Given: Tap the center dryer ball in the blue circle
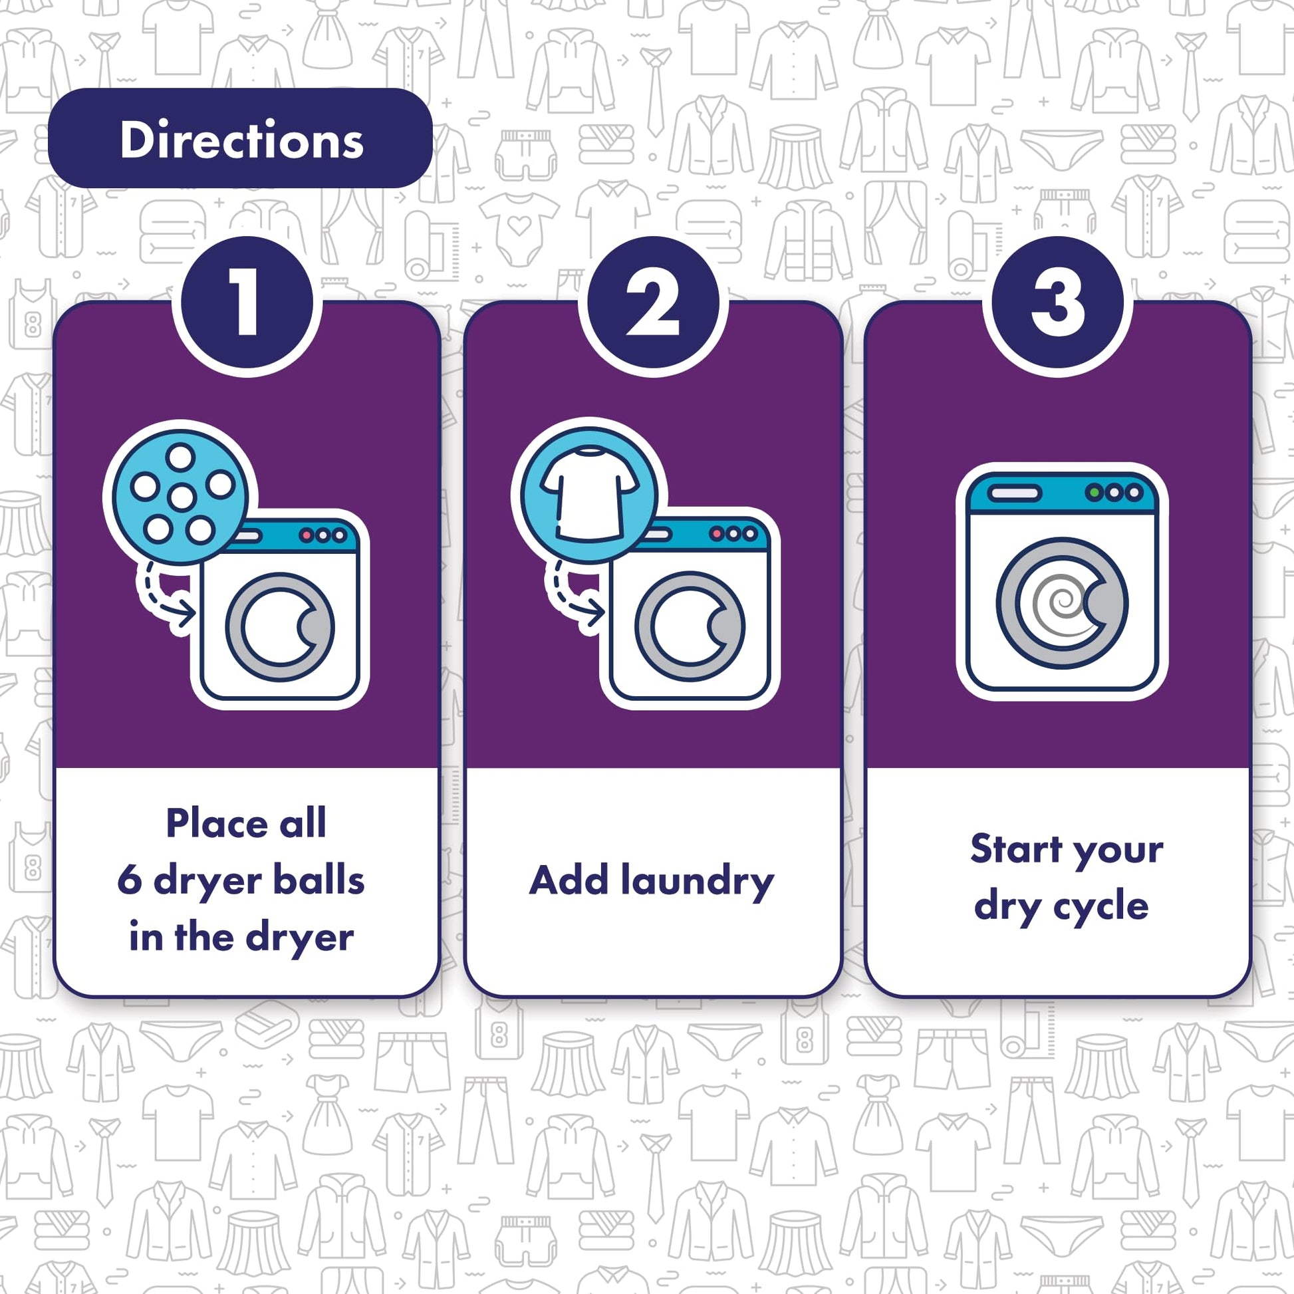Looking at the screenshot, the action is point(182,497).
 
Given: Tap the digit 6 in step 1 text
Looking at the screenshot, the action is point(129,882).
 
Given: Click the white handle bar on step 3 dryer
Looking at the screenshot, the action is point(1015,493).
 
